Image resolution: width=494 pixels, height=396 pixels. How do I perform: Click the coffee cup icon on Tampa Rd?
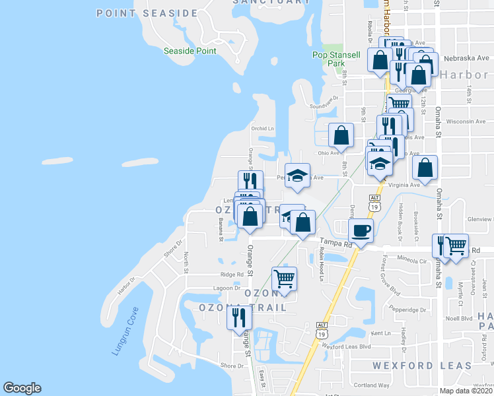click(x=361, y=231)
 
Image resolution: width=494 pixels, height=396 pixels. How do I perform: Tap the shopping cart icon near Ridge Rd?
click(x=284, y=278)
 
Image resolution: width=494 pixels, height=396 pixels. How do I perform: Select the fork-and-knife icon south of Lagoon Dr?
click(x=239, y=318)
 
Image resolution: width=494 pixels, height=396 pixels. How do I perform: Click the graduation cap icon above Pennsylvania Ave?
click(x=298, y=174)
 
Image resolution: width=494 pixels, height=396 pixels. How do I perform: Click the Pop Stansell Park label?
click(x=329, y=59)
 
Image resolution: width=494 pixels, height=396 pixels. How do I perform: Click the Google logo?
click(x=22, y=388)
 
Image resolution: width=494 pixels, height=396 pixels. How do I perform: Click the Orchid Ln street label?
click(x=262, y=128)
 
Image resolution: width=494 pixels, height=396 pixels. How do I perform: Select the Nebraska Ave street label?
click(x=470, y=57)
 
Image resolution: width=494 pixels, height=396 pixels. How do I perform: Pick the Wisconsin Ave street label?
click(x=466, y=121)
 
